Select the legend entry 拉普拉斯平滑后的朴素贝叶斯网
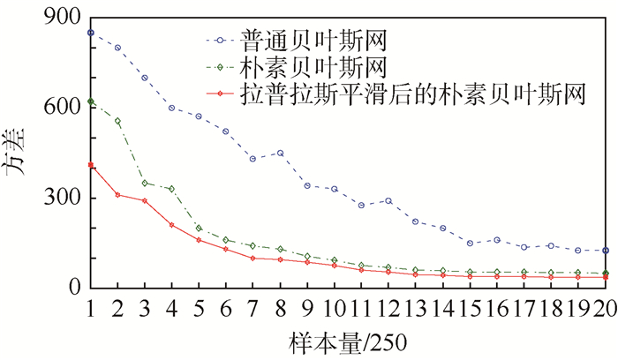coord(414,93)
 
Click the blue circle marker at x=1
coord(91,33)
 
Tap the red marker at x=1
coord(91,165)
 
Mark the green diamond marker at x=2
coord(117,121)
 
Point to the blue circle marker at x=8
coord(280,153)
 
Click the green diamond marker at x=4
coord(172,189)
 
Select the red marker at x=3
coord(145,201)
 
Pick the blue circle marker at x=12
coord(388,201)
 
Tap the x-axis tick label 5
coord(199,306)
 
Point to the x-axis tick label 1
coord(91,306)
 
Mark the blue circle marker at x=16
coord(497,240)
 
